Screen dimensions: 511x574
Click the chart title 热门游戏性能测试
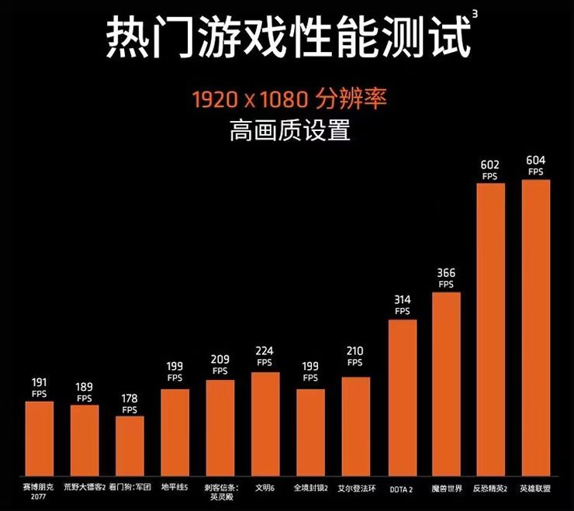(x=287, y=36)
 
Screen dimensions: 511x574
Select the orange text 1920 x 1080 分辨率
(x=289, y=99)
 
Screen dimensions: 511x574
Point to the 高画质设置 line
(x=289, y=130)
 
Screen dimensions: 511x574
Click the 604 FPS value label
(x=536, y=165)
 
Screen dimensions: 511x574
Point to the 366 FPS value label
(x=446, y=278)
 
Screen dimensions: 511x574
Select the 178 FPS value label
(x=130, y=403)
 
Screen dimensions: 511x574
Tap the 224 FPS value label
(x=265, y=356)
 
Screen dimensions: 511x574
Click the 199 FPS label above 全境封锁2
(x=310, y=372)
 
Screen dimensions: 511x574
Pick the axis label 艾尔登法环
(x=356, y=488)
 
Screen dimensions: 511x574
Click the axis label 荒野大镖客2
(x=85, y=488)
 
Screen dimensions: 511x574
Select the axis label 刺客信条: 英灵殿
(x=220, y=493)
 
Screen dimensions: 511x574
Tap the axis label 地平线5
(x=175, y=488)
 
